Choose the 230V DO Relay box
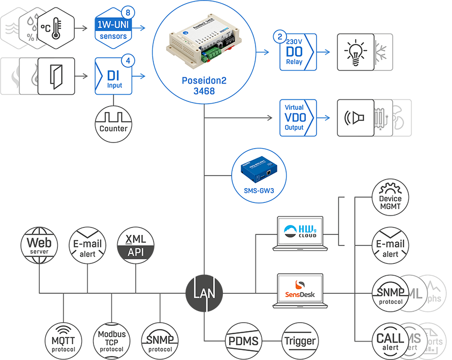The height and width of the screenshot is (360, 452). tap(297, 52)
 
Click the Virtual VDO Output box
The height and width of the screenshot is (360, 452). tap(298, 117)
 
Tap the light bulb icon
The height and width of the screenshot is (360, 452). tap(355, 52)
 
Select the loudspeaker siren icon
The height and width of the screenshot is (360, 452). tap(355, 117)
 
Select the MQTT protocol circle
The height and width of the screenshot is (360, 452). tap(64, 340)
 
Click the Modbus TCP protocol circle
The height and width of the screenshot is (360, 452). tap(112, 340)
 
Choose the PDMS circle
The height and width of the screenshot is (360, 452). tap(243, 341)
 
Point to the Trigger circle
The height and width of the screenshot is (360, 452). tap(300, 341)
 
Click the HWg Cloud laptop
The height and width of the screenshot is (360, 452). tap(300, 232)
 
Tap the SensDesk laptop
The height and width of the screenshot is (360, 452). tap(300, 291)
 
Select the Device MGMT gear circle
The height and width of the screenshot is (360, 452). tap(390, 198)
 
